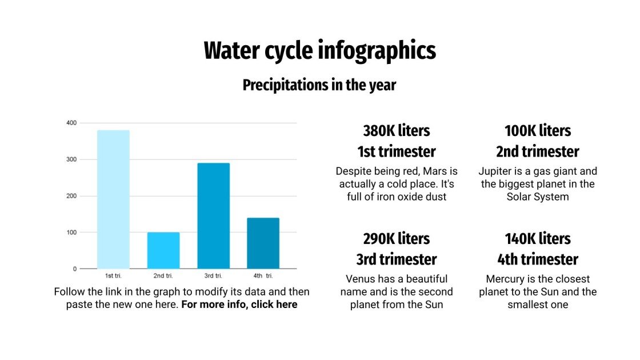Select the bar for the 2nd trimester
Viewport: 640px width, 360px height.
(163, 250)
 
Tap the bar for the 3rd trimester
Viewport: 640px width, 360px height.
(213, 215)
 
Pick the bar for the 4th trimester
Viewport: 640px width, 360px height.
(263, 243)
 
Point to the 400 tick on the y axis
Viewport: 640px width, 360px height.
(71, 123)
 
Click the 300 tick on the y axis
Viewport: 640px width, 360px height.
(71, 159)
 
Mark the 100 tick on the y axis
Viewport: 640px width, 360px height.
(71, 233)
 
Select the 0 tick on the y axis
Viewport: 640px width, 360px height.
(74, 269)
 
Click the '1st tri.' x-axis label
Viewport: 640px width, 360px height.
(113, 277)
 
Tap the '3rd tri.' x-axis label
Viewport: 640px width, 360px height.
(213, 277)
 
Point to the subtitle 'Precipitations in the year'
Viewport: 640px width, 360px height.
(319, 85)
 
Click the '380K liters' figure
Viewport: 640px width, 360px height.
(396, 131)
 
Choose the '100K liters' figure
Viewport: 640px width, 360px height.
(537, 131)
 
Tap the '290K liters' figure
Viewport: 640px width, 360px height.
(396, 238)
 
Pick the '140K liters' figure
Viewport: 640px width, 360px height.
(537, 238)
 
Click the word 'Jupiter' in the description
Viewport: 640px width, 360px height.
(497, 171)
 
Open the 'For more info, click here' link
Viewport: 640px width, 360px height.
(239, 305)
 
